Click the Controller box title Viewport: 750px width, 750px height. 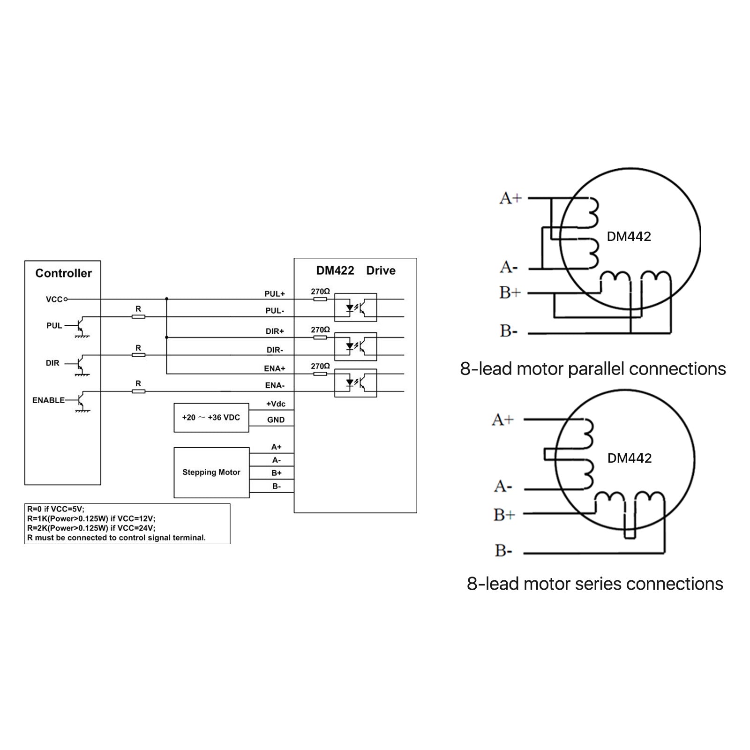[63, 273]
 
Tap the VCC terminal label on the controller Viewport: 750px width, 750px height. [54, 300]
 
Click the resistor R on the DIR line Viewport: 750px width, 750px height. [138, 355]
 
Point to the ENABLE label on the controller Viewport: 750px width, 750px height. [48, 400]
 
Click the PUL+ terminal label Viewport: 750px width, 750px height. [275, 294]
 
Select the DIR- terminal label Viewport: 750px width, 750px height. [275, 350]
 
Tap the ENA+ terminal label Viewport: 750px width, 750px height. [275, 369]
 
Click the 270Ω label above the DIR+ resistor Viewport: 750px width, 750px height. [320, 330]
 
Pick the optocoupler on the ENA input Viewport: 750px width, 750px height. [355, 383]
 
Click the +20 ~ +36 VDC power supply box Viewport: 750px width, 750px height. [211, 418]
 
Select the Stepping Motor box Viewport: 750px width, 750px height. [211, 472]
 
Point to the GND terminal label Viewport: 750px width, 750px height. [276, 420]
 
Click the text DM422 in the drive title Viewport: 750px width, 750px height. [335, 270]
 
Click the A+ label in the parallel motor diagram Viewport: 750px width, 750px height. [510, 199]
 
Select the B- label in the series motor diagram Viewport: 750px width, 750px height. [503, 551]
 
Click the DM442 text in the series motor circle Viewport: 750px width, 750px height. [630, 458]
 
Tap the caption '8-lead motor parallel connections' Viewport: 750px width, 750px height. [592, 369]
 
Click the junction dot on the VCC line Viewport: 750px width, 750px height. [166, 299]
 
